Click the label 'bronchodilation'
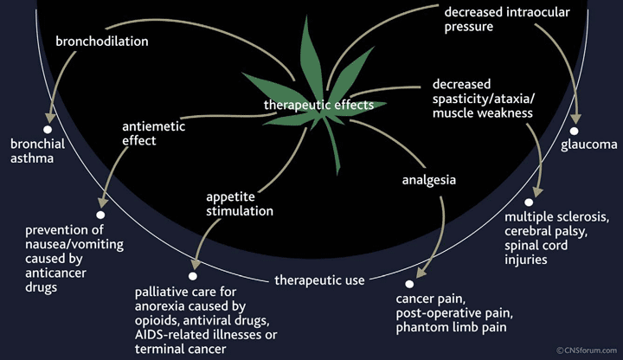(101, 41)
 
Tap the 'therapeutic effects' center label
(318, 105)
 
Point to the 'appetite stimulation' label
(240, 202)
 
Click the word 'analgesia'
(428, 181)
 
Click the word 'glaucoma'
(588, 145)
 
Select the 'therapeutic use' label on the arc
(318, 280)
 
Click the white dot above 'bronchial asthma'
(48, 126)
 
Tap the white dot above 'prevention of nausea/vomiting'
(101, 214)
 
